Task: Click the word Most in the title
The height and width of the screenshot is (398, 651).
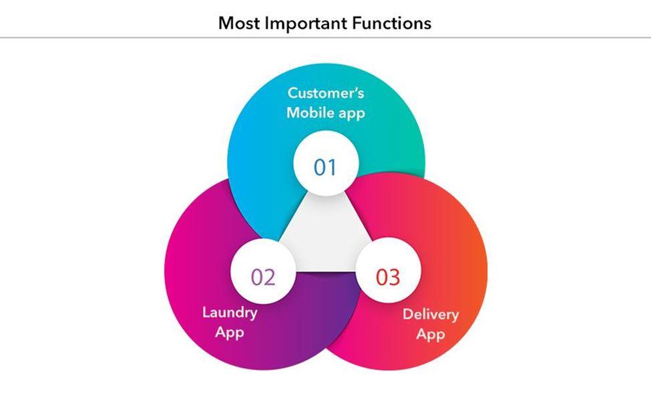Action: pyautogui.click(x=239, y=23)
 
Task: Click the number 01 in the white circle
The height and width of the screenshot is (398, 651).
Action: pyautogui.click(x=326, y=167)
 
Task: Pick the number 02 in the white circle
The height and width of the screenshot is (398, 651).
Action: pyautogui.click(x=262, y=276)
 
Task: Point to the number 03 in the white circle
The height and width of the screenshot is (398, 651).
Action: pyautogui.click(x=388, y=276)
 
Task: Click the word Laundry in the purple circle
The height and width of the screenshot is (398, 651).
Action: pyautogui.click(x=230, y=312)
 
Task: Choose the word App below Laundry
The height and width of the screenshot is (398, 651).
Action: pyautogui.click(x=230, y=332)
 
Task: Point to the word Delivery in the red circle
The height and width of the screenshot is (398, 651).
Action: pyautogui.click(x=431, y=315)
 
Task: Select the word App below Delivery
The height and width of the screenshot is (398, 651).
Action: pyautogui.click(x=431, y=335)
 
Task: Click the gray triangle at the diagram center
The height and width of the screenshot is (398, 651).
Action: pyautogui.click(x=326, y=234)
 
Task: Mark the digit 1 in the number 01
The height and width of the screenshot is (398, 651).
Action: pyautogui.click(x=333, y=167)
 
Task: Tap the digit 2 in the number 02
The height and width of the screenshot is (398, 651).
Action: pyautogui.click(x=269, y=276)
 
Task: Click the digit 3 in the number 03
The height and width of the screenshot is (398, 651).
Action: pyautogui.click(x=395, y=276)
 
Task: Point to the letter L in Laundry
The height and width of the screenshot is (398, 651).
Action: pyautogui.click(x=206, y=312)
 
